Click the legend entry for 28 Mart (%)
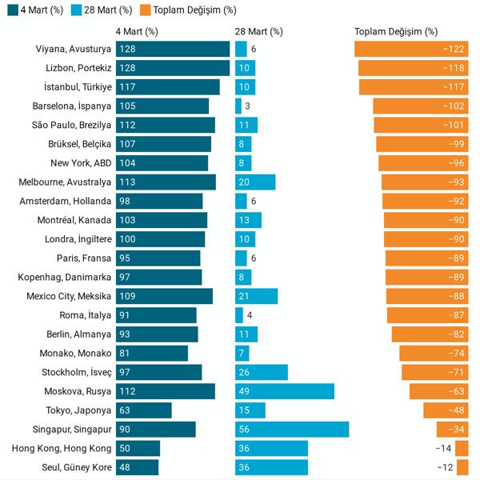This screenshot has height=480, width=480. (105, 10)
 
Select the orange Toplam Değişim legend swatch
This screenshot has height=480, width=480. (142, 10)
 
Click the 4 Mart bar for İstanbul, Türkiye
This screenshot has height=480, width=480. (167, 86)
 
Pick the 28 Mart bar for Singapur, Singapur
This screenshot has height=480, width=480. (292, 430)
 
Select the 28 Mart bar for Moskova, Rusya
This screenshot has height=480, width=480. (285, 391)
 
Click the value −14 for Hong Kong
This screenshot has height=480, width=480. (443, 449)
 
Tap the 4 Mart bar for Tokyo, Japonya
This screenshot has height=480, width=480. (144, 410)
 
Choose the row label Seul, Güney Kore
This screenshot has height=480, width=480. (77, 467)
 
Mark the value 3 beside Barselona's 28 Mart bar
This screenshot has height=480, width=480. (248, 106)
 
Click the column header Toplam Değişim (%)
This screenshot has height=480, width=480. (396, 32)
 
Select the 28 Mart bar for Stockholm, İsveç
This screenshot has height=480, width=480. (262, 372)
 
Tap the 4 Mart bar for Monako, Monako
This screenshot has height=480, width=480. (152, 354)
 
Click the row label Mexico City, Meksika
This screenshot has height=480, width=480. (68, 296)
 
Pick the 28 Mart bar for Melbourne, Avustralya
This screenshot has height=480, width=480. (255, 182)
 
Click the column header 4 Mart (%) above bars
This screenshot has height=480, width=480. (137, 32)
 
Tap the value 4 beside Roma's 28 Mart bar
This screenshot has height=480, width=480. (250, 315)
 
